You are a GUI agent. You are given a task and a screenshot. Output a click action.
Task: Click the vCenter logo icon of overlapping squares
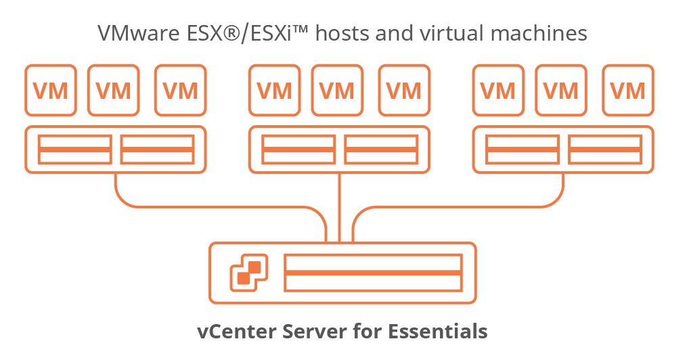[x=249, y=272]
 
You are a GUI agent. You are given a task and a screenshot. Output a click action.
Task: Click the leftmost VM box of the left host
[x=51, y=90]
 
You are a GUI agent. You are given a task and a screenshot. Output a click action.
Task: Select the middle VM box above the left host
[x=113, y=90]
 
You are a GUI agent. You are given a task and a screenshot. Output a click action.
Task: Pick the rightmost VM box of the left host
[x=180, y=90]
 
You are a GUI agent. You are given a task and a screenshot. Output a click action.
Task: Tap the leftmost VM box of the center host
[x=274, y=90]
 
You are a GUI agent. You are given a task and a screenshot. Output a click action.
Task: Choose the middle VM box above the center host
[x=337, y=90]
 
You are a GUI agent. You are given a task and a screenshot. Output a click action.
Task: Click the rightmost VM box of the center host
[x=403, y=90]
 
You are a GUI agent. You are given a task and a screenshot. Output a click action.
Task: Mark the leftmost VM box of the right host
[x=498, y=90]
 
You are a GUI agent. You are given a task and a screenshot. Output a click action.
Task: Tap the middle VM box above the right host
[x=560, y=90]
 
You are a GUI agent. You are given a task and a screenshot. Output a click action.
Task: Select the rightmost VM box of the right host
[x=627, y=90]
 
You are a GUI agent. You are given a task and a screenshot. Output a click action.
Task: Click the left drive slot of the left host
[x=75, y=150]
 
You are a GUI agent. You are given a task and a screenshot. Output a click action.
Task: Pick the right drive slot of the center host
[x=380, y=150]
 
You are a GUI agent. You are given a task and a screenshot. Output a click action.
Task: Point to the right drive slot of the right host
[x=604, y=150]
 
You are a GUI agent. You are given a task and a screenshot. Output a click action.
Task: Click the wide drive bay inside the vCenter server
[x=373, y=272]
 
